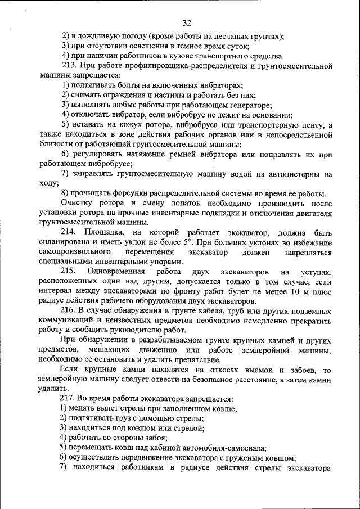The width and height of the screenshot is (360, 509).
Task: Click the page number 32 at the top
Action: coord(187,23)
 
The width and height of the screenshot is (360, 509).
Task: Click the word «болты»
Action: coord(126,85)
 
